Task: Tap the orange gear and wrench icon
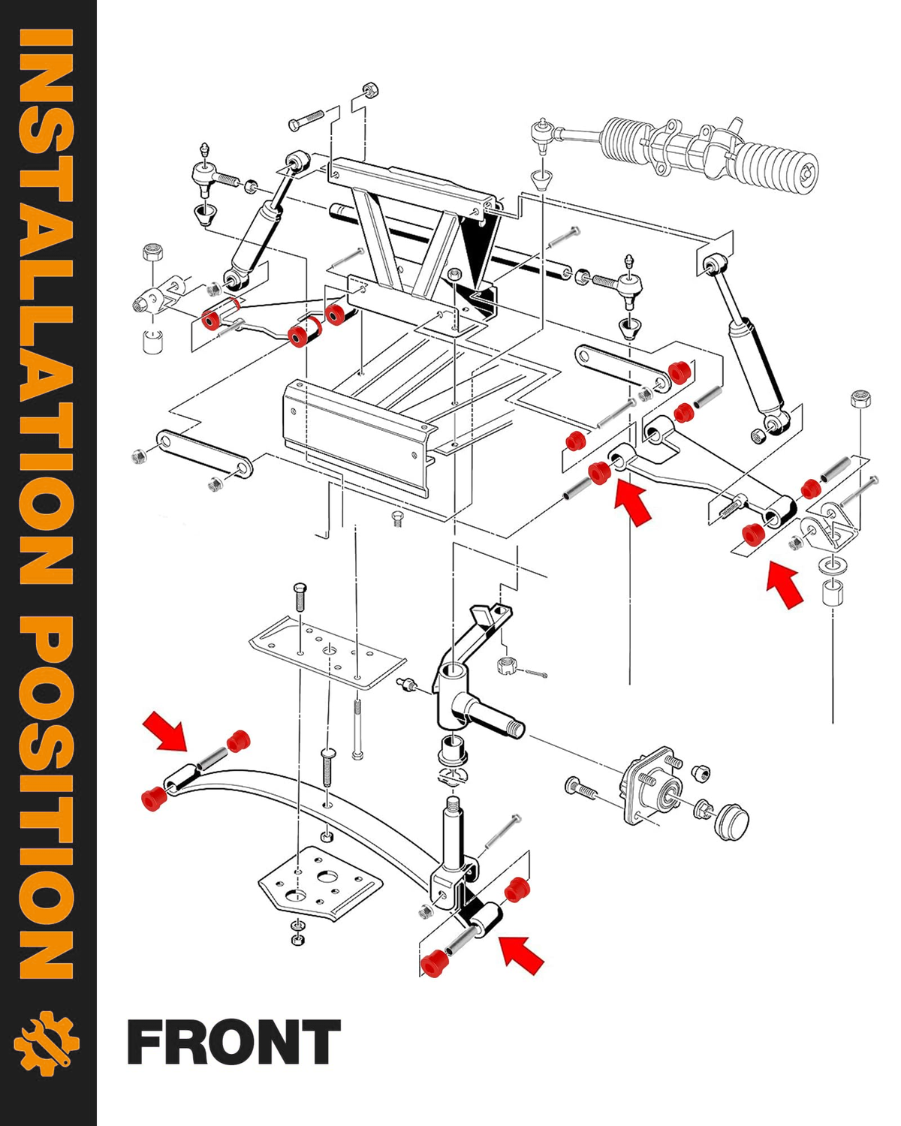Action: click(x=47, y=1043)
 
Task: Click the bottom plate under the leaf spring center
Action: click(x=320, y=881)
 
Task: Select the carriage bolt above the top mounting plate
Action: click(x=300, y=597)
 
